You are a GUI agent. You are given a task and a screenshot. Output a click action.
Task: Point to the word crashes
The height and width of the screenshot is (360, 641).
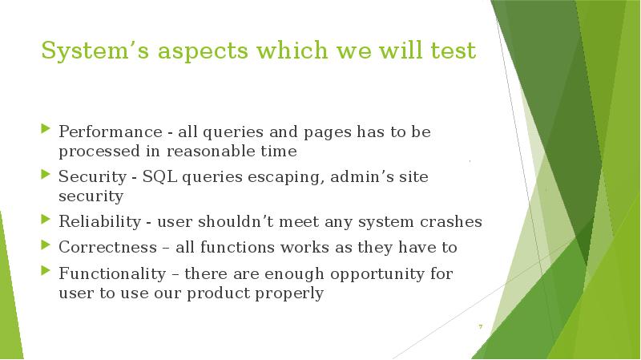[x=453, y=221]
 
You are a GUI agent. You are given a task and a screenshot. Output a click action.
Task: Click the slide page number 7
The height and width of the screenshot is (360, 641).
[x=480, y=326]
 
